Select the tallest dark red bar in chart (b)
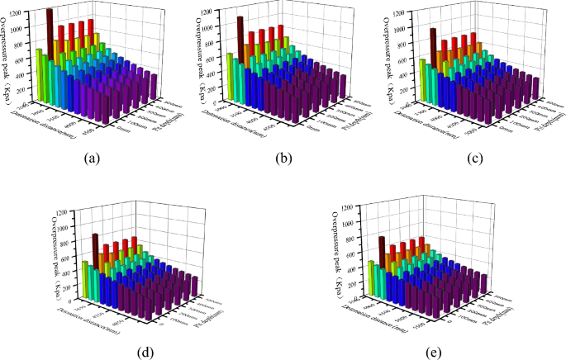240,41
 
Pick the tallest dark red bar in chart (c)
432,50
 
